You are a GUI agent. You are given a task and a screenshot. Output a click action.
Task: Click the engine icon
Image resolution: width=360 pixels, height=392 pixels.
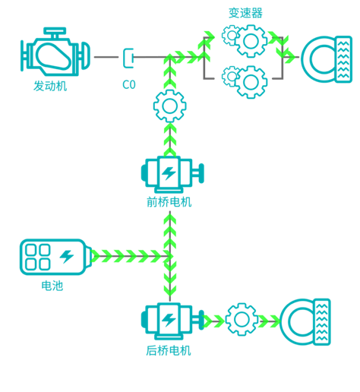[x=55, y=52]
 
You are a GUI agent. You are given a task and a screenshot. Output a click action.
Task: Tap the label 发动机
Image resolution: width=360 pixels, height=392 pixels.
[x=50, y=86]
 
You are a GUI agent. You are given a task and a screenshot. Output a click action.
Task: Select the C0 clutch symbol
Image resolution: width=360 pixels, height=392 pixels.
[x=128, y=58]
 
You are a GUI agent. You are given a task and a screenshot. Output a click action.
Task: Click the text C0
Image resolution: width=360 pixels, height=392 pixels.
[x=129, y=84]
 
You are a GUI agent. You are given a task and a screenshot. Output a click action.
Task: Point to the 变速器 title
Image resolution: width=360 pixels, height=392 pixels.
[x=245, y=13]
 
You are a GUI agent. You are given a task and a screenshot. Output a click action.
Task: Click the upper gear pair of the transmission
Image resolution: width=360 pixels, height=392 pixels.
[x=245, y=40]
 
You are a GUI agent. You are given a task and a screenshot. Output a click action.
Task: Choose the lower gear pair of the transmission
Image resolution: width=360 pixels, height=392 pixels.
[x=245, y=81]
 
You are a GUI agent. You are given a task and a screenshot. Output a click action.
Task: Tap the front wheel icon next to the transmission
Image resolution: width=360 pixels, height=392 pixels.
[x=327, y=59]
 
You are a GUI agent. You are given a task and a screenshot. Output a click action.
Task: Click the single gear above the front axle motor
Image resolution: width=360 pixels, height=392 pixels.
[x=170, y=106]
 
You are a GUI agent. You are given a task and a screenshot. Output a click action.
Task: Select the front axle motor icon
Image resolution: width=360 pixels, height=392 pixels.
[x=172, y=174]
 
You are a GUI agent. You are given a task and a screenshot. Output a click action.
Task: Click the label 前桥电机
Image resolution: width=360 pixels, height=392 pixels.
[x=169, y=202]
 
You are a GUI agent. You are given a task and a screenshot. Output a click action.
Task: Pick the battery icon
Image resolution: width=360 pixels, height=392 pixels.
[x=56, y=257]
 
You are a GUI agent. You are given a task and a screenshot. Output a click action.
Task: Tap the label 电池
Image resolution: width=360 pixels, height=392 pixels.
[x=52, y=286]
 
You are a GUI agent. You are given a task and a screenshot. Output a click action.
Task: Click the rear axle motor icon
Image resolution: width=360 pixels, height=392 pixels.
[x=172, y=321]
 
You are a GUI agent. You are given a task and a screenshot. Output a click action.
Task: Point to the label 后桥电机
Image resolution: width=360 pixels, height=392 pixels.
[x=169, y=351]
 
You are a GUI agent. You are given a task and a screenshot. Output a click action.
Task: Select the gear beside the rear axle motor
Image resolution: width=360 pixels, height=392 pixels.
[x=242, y=319]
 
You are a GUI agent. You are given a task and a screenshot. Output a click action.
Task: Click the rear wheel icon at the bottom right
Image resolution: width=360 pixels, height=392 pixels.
[x=305, y=322]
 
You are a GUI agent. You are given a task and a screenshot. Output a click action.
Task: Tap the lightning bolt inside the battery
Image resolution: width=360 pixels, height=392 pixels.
[x=67, y=256]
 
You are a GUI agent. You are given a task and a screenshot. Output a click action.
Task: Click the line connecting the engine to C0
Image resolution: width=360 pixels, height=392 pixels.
[x=106, y=57]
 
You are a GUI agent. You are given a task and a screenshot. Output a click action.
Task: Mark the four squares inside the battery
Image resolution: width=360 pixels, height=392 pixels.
[x=38, y=257]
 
